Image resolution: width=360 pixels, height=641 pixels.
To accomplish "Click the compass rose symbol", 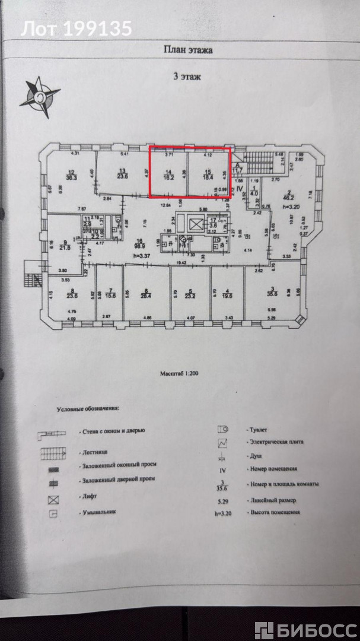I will (40, 96).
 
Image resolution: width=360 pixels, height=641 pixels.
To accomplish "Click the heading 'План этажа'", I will (188, 50).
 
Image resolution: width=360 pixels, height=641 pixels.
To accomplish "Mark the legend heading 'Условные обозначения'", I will (88, 409).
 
